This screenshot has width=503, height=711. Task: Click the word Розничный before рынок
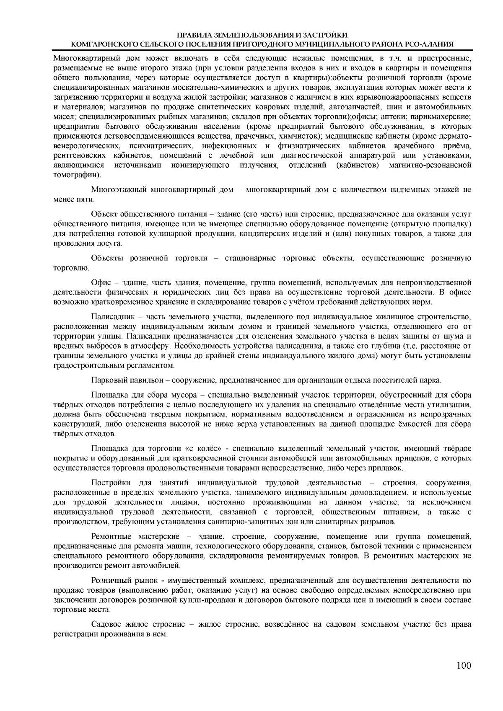pyautogui.click(x=108, y=581)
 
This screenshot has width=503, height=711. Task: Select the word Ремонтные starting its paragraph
pyautogui.click(x=109, y=537)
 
